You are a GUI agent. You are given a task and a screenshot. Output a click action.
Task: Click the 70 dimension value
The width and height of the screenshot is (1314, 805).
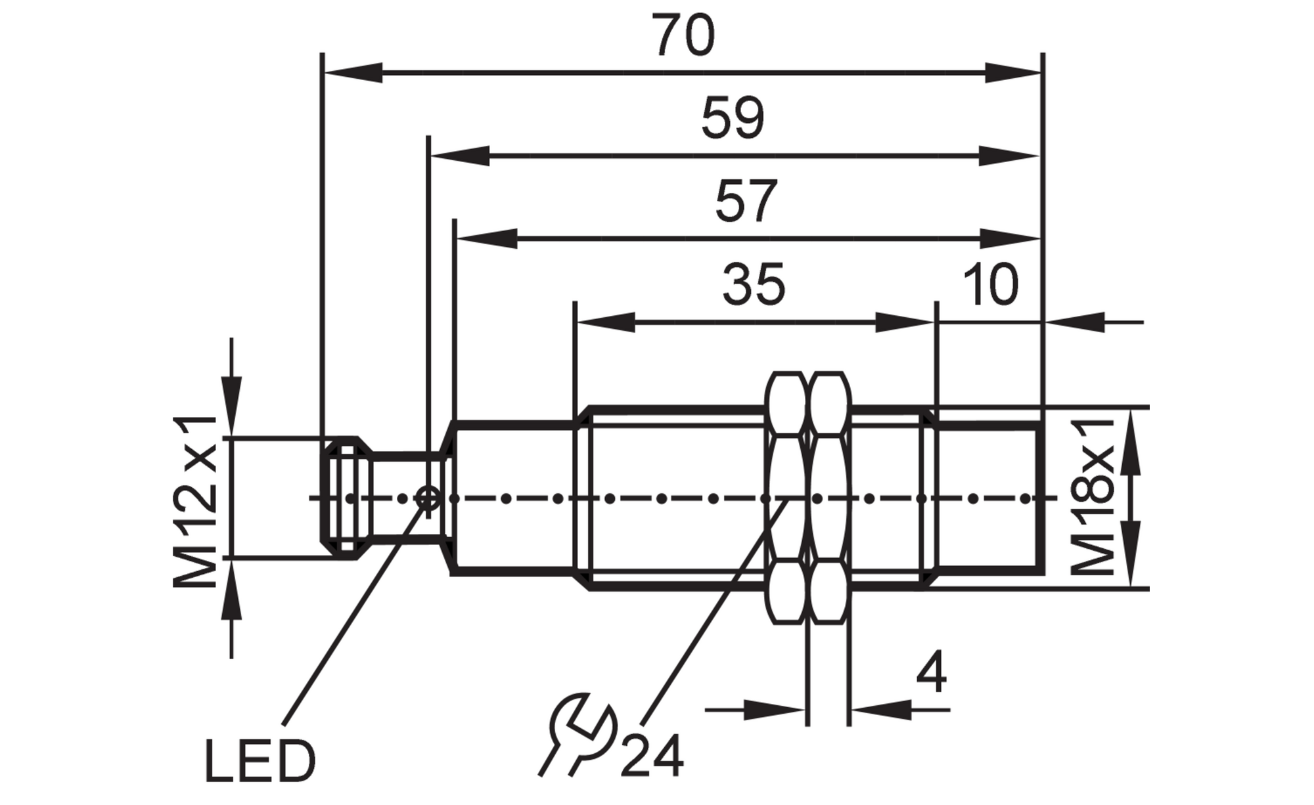pyautogui.click(x=683, y=35)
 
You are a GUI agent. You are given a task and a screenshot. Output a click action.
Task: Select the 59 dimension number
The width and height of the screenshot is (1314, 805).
pyautogui.click(x=733, y=118)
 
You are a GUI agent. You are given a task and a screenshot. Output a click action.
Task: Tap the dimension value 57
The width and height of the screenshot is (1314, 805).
pyautogui.click(x=746, y=200)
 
